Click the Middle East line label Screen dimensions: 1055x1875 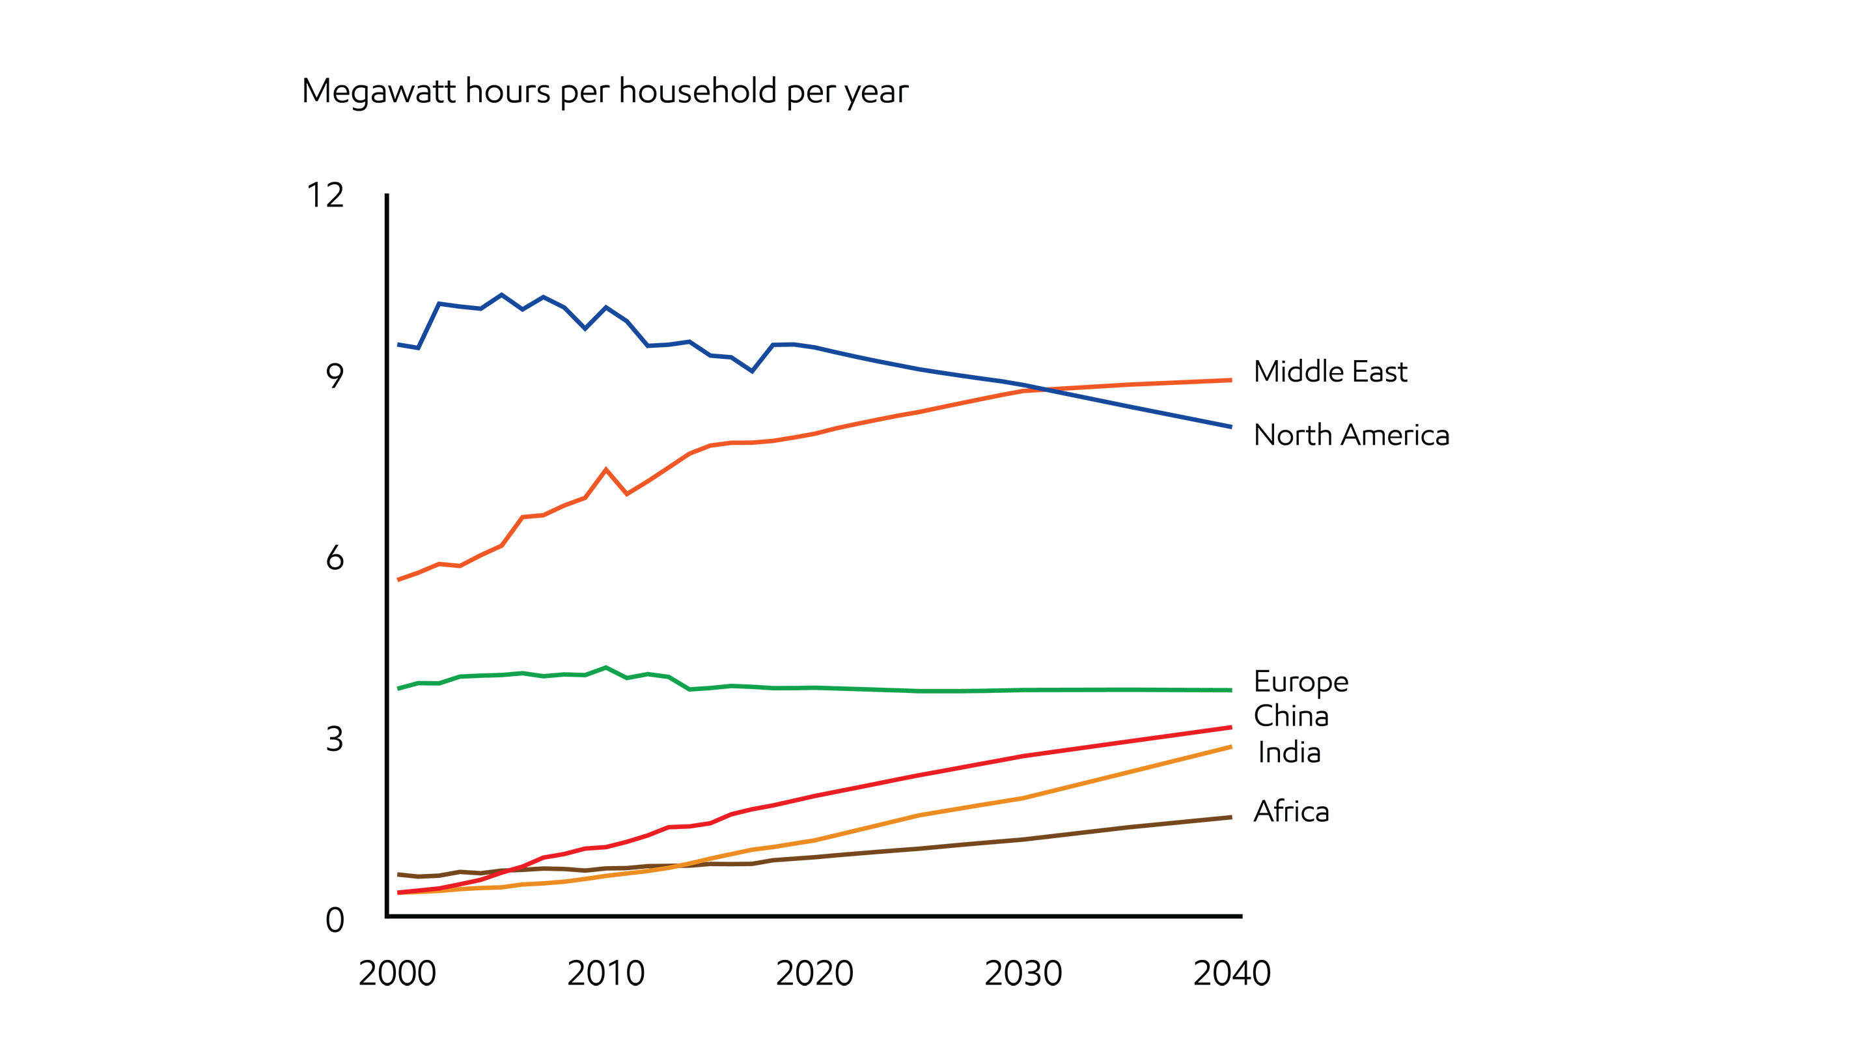(x=1330, y=371)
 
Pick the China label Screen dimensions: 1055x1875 (x=1290, y=716)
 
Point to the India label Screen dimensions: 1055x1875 (x=1289, y=752)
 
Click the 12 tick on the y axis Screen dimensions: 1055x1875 (x=325, y=195)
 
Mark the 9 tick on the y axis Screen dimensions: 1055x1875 (x=334, y=376)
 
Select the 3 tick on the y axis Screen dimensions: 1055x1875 (x=334, y=739)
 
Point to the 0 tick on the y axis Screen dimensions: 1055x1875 (x=334, y=920)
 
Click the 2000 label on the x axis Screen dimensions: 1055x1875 (x=397, y=974)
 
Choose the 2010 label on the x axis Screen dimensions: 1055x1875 (x=605, y=974)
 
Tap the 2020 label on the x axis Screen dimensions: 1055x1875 (x=814, y=974)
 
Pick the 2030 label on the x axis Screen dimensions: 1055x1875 (x=1023, y=974)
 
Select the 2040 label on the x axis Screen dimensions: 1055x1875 (x=1232, y=974)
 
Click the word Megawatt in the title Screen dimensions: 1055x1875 (x=379, y=92)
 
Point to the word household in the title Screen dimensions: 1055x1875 (x=697, y=92)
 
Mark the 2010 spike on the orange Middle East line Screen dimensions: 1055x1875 (x=605, y=470)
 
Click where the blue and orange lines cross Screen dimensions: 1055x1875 (x=1045, y=389)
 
